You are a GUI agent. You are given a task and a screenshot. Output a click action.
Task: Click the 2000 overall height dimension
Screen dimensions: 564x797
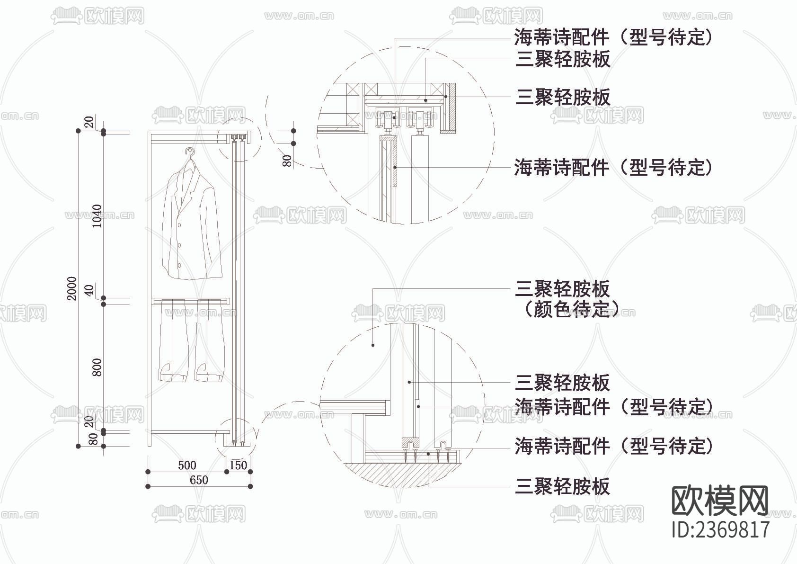(x=71, y=288)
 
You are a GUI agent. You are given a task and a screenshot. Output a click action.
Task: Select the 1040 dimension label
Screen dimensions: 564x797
(x=97, y=216)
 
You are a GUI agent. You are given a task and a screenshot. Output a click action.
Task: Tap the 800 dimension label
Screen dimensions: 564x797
(x=97, y=367)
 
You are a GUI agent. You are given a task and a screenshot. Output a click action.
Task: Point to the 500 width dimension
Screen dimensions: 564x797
(x=187, y=465)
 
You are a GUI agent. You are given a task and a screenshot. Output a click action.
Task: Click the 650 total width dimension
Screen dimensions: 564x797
(x=199, y=480)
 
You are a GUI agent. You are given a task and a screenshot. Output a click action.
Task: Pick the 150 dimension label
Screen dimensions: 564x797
(x=238, y=465)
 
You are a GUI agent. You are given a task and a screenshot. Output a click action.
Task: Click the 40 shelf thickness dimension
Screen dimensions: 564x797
(x=89, y=290)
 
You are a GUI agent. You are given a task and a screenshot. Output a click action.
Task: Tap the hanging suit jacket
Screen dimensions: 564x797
(x=191, y=223)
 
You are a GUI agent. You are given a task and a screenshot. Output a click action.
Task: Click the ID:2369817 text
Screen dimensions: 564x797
(x=720, y=529)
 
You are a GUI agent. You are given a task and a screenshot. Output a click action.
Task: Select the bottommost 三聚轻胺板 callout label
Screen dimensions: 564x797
(x=563, y=486)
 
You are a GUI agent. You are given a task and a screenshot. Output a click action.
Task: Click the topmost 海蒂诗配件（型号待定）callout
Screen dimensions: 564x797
(x=613, y=36)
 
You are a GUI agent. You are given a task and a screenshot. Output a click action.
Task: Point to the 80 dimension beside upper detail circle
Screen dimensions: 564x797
(x=287, y=161)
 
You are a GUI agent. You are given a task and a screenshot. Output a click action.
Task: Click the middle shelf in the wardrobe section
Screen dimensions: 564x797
(x=190, y=301)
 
